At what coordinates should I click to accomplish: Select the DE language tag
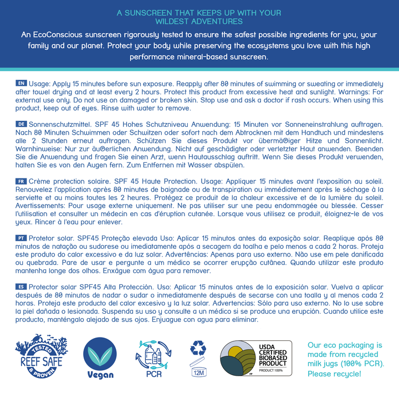click(21, 125)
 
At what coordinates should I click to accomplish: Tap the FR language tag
click(21, 182)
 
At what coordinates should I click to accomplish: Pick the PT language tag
click(21, 237)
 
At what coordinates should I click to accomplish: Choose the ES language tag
click(21, 287)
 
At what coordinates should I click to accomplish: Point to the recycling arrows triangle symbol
click(198, 348)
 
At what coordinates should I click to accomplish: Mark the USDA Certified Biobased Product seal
click(256, 359)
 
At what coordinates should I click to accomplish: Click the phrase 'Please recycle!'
click(334, 374)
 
